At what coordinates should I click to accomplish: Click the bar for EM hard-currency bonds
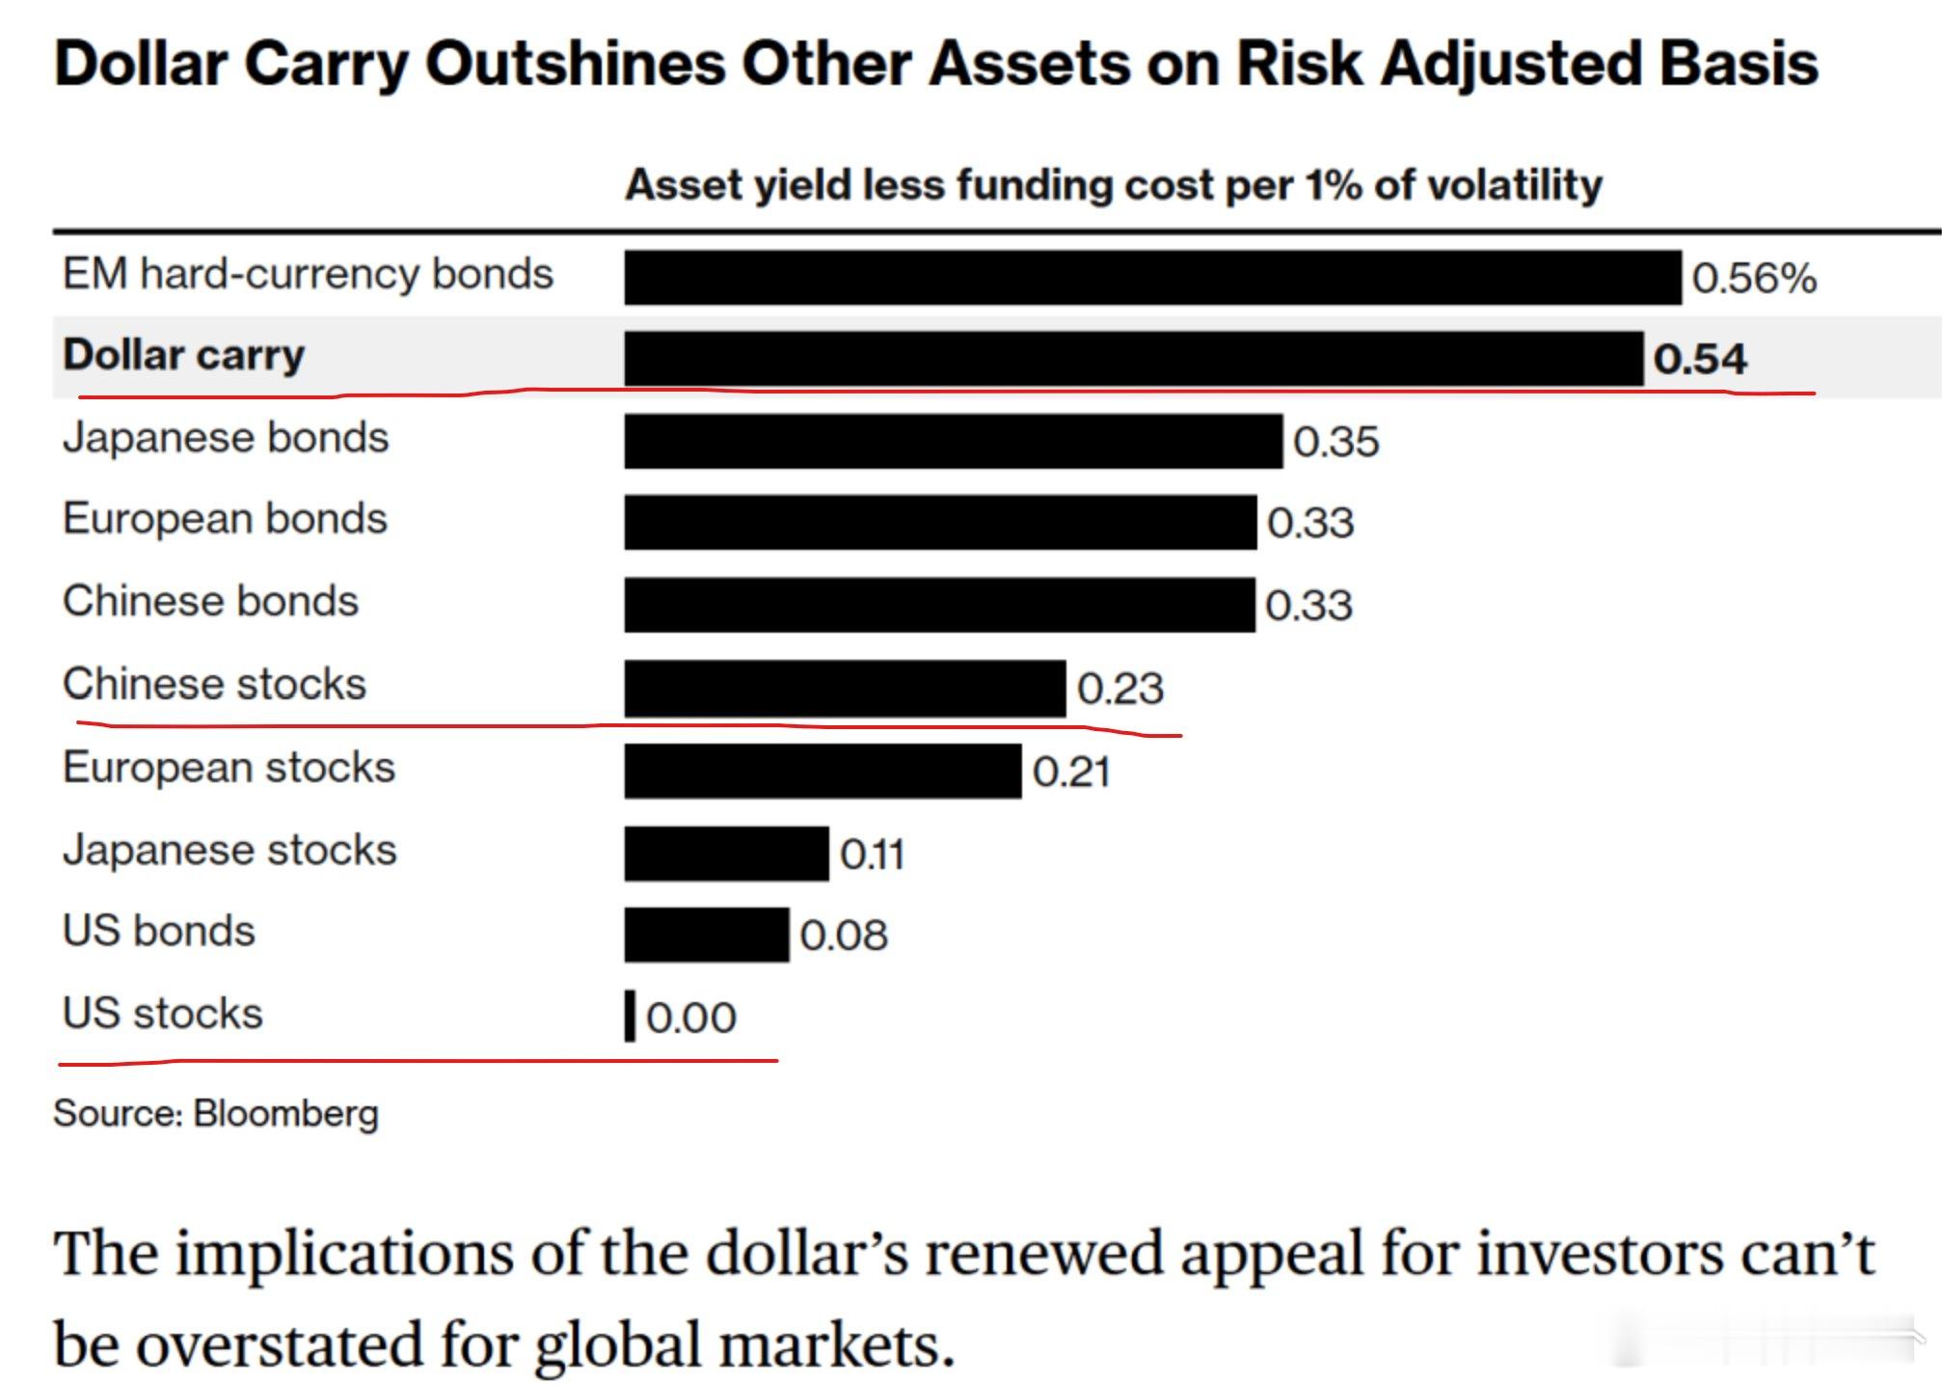(x=1152, y=278)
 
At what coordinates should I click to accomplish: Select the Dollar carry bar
(x=1133, y=359)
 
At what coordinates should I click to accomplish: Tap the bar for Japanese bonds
(x=953, y=442)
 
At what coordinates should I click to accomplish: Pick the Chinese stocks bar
(x=845, y=689)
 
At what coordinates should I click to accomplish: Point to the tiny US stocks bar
(x=630, y=1016)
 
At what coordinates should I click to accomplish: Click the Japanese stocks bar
(x=726, y=854)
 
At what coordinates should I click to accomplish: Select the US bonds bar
(x=706, y=935)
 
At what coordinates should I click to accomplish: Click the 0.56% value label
(x=1754, y=279)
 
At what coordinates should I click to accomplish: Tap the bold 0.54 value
(x=1699, y=360)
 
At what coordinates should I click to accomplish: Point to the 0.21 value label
(x=1071, y=773)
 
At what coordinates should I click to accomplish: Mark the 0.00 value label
(x=690, y=1018)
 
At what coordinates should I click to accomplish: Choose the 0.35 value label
(x=1335, y=443)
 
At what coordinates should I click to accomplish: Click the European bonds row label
(x=225, y=519)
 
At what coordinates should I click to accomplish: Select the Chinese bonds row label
(x=210, y=601)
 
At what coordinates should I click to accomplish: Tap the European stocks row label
(x=229, y=769)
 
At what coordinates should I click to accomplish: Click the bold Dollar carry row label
(x=183, y=355)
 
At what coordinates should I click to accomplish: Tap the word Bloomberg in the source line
(x=285, y=1114)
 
